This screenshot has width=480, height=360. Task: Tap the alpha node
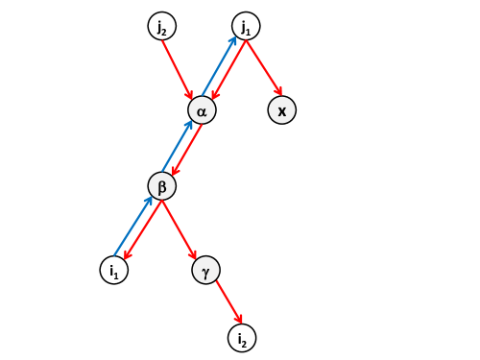click(x=202, y=110)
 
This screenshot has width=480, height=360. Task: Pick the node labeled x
click(x=281, y=110)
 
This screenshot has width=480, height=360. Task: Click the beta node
click(x=162, y=185)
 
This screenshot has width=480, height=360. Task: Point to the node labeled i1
click(x=114, y=270)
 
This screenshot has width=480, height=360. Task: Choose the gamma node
click(x=206, y=270)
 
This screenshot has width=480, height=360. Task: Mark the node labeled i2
click(x=242, y=337)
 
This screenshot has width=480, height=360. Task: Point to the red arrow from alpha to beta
click(x=187, y=150)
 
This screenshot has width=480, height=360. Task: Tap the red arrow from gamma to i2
click(x=225, y=303)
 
